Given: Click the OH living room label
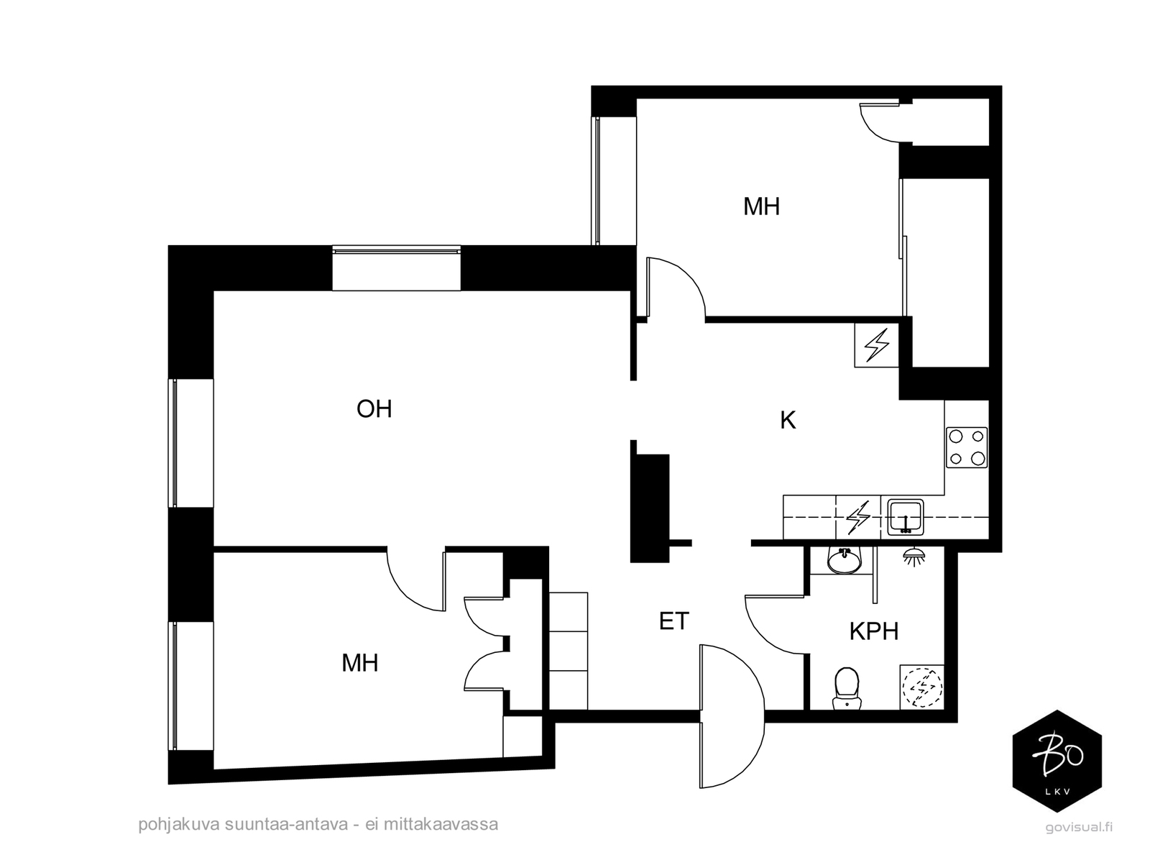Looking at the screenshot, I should (x=374, y=409).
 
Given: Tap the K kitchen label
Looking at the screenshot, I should (x=788, y=421).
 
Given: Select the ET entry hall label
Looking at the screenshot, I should (x=673, y=621).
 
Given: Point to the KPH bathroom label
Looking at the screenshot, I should (x=873, y=631).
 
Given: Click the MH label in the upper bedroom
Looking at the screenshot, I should (x=761, y=207).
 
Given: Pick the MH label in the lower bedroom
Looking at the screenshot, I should (x=360, y=663).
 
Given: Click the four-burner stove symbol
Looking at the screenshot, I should (x=966, y=447).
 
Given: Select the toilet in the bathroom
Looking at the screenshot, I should (x=846, y=687).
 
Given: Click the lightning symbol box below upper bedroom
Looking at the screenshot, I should (x=876, y=345).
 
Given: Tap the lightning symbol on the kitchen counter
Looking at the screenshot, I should (x=857, y=518).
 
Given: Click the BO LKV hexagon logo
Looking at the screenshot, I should (x=1057, y=761).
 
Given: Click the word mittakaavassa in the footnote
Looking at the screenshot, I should (x=441, y=824).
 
